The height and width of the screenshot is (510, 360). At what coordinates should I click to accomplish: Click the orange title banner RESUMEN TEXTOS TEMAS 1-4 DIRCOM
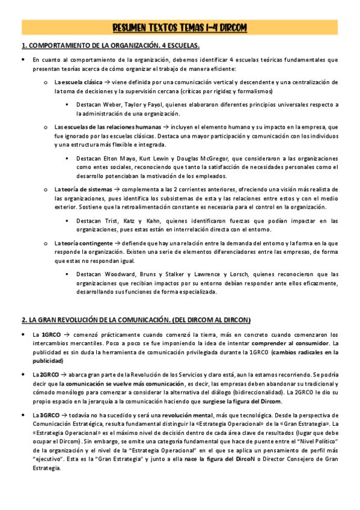coord(180,28)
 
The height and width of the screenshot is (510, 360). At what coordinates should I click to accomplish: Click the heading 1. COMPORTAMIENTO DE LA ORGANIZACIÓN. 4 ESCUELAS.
coord(110,46)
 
